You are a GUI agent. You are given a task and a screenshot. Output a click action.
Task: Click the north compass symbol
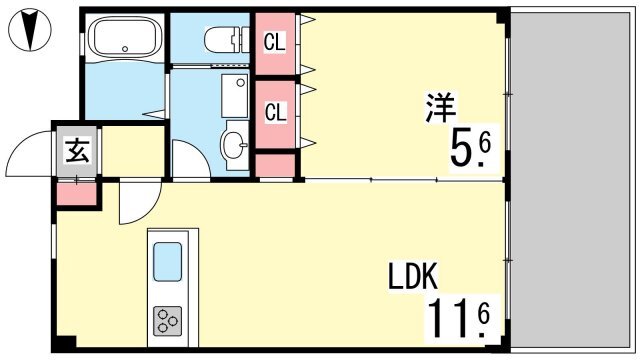pos(29,30)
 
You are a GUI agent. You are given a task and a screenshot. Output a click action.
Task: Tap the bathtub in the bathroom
pos(125,37)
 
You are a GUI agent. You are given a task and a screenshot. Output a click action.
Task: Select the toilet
pos(227,40)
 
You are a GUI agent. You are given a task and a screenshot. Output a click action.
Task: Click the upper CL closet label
pos(274,42)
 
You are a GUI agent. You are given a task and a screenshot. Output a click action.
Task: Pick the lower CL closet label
pos(275,112)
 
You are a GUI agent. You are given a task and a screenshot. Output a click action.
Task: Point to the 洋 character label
pos(440,107)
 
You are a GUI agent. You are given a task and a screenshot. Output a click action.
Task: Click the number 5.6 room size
pos(469,150)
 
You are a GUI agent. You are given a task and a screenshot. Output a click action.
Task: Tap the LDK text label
pos(412,276)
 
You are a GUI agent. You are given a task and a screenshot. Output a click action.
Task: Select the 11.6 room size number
pos(458,319)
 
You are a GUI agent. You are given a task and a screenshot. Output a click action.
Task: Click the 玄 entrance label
pos(78,151)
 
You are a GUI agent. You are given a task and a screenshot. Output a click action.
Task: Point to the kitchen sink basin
pos(167,262)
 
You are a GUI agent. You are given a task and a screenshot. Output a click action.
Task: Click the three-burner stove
pos(167,321)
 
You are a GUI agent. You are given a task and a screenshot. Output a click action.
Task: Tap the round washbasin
pos(234,144)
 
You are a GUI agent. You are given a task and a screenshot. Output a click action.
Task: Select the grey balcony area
pos(570,180)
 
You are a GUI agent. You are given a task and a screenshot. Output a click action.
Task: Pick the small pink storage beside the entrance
pos(76,194)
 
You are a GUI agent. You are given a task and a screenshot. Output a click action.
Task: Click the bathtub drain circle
pos(125,49)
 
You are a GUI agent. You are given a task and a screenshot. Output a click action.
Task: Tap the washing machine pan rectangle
pos(235,96)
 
